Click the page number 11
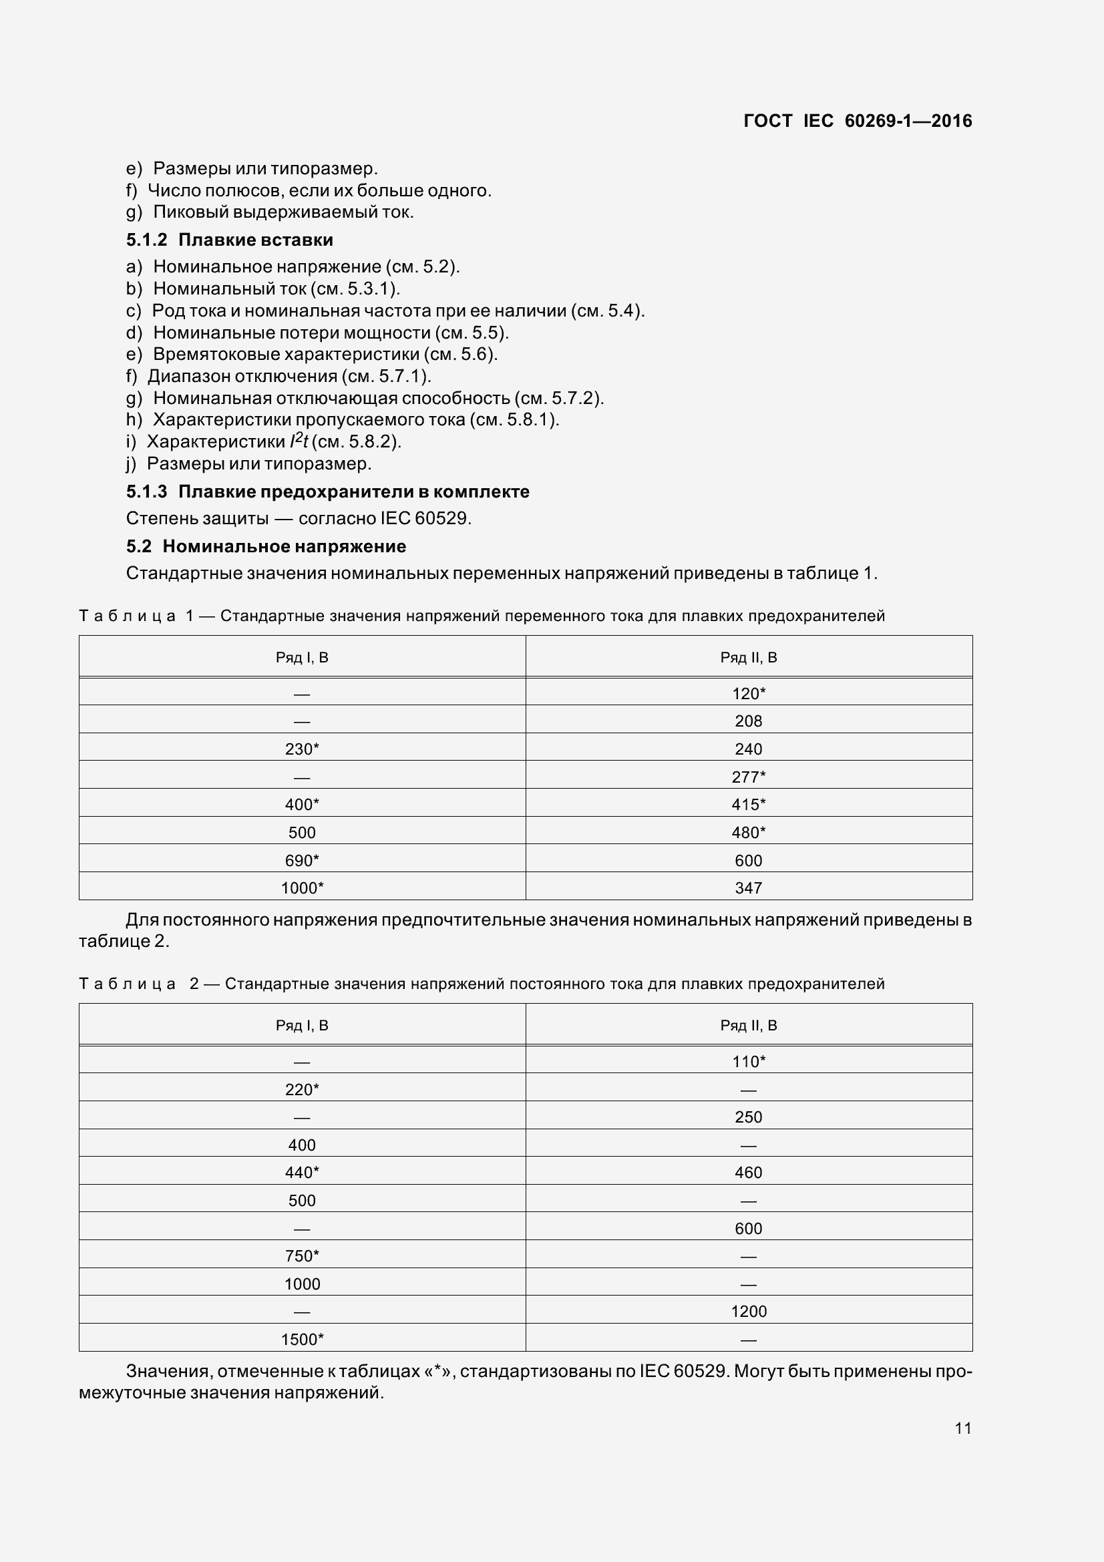click(x=962, y=1428)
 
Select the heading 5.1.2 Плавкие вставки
click(x=229, y=240)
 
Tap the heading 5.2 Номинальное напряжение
click(x=266, y=546)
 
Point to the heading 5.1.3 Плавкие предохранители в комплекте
click(x=327, y=492)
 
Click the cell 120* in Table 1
click(x=748, y=693)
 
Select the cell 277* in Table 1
click(x=748, y=776)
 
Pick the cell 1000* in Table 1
click(x=302, y=888)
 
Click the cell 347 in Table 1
click(x=748, y=888)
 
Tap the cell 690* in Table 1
click(x=302, y=860)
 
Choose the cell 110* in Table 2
click(x=748, y=1061)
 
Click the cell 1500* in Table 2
click(x=302, y=1339)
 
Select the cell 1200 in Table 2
click(x=748, y=1311)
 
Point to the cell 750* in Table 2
click(x=302, y=1255)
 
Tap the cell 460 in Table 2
click(x=748, y=1172)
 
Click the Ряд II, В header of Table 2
click(x=748, y=1025)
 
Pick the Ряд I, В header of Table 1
click(x=302, y=657)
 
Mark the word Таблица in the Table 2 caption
click(x=127, y=984)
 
